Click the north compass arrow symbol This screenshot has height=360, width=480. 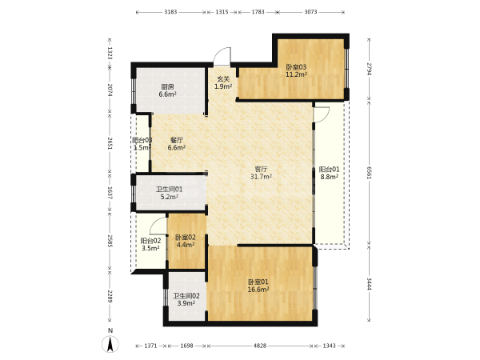coord(110,343)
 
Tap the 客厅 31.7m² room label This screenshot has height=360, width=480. coord(262,173)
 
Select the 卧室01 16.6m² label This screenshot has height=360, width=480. coord(258,286)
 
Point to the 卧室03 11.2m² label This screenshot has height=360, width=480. coord(296,70)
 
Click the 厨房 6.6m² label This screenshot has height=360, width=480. coord(167,90)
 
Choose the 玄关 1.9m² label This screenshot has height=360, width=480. coord(223,82)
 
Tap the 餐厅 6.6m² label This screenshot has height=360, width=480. coord(177,144)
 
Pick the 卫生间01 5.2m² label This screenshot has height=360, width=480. coord(170,193)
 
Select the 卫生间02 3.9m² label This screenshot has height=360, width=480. coord(186,300)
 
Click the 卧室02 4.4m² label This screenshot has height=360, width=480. coord(186,241)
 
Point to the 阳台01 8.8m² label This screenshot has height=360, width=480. coord(329,173)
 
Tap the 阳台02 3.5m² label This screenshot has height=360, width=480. coord(150,244)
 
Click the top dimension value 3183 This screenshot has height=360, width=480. coord(170,12)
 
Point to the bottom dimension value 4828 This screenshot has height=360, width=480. coord(259,346)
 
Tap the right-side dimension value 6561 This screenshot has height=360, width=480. coord(369,174)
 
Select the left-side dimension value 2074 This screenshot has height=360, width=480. coord(110,90)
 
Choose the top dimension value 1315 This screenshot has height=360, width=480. coord(222,12)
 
